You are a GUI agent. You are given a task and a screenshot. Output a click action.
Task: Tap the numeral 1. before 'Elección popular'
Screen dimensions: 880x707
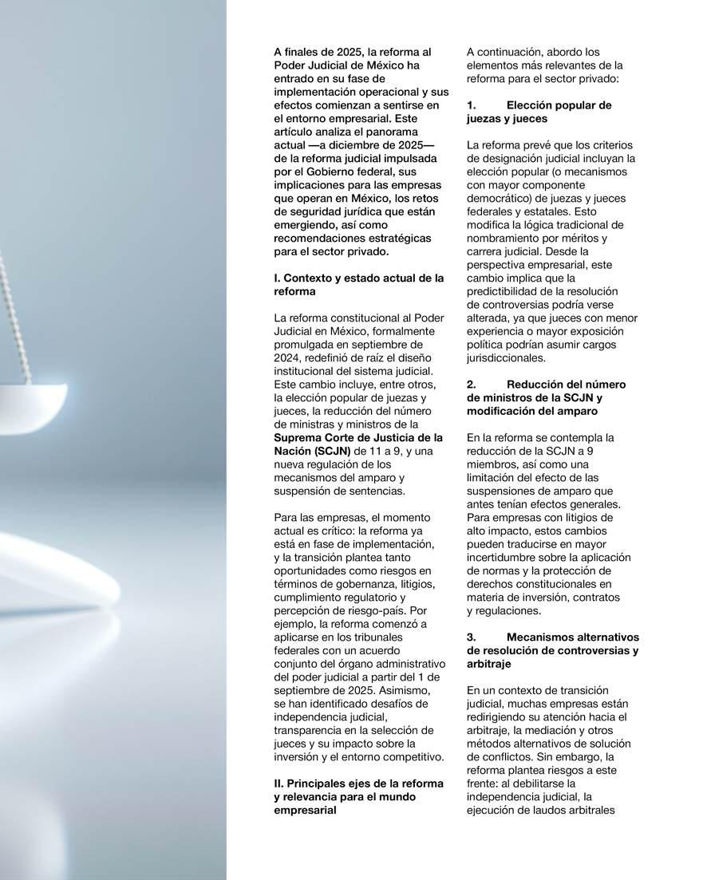[x=471, y=105]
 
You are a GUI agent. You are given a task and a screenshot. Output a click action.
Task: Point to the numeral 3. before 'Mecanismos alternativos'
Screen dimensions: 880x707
[x=471, y=637]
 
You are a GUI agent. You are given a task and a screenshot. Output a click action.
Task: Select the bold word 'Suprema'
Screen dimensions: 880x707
[x=297, y=437]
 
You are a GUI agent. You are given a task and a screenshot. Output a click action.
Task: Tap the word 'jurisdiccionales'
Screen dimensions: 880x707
[x=506, y=358]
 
